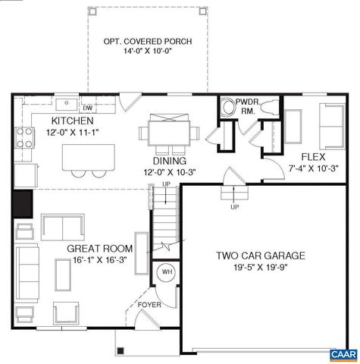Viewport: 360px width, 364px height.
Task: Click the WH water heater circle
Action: pos(166,271)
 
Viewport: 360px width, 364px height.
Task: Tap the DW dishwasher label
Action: pos(87,108)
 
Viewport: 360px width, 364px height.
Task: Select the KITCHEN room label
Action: pos(72,121)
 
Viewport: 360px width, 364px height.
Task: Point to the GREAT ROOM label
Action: pos(100,249)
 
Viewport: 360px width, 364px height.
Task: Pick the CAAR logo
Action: pos(343,355)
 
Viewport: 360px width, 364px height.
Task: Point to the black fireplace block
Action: pos(22,203)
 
